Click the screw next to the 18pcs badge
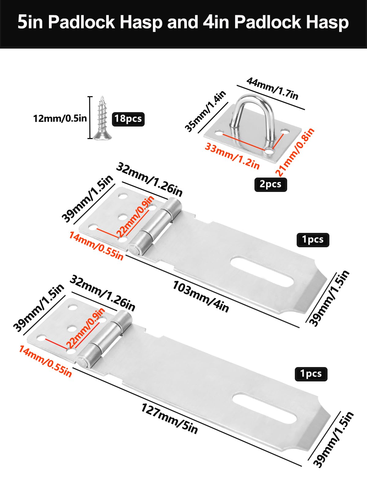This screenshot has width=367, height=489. pyautogui.click(x=102, y=118)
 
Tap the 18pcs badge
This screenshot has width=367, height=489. pyautogui.click(x=128, y=119)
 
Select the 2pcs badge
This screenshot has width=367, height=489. pyautogui.click(x=271, y=185)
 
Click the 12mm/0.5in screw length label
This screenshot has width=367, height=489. pyautogui.click(x=60, y=118)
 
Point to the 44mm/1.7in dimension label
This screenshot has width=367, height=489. pyautogui.click(x=272, y=89)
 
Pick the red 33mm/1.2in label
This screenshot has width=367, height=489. pyautogui.click(x=232, y=156)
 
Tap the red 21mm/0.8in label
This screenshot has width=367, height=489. pyautogui.click(x=295, y=152)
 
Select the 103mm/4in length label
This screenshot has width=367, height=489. pyautogui.click(x=201, y=296)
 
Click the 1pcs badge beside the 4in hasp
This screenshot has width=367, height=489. pyautogui.click(x=313, y=240)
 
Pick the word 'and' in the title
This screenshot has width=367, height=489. pyautogui.click(x=183, y=23)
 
